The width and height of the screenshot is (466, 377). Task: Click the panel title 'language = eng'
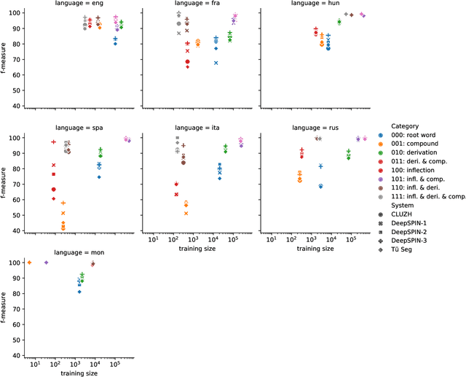click(79, 4)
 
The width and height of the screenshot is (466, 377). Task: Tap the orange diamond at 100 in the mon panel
click(29, 262)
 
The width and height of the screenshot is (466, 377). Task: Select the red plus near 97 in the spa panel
click(53, 142)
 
